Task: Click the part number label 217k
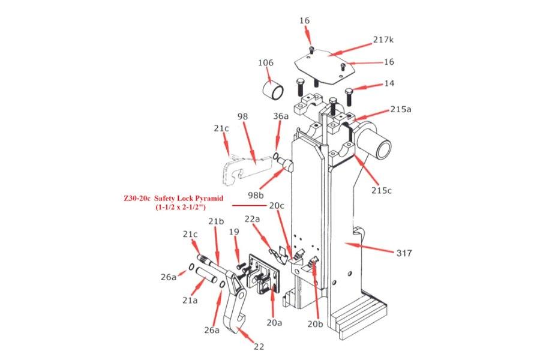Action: click(x=383, y=40)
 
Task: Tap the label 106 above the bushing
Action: click(x=266, y=62)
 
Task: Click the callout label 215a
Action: click(x=400, y=110)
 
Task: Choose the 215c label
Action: click(x=381, y=191)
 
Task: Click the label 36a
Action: click(x=281, y=116)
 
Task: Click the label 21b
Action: click(x=216, y=221)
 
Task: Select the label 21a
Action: click(x=190, y=299)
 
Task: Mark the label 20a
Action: click(x=274, y=322)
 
